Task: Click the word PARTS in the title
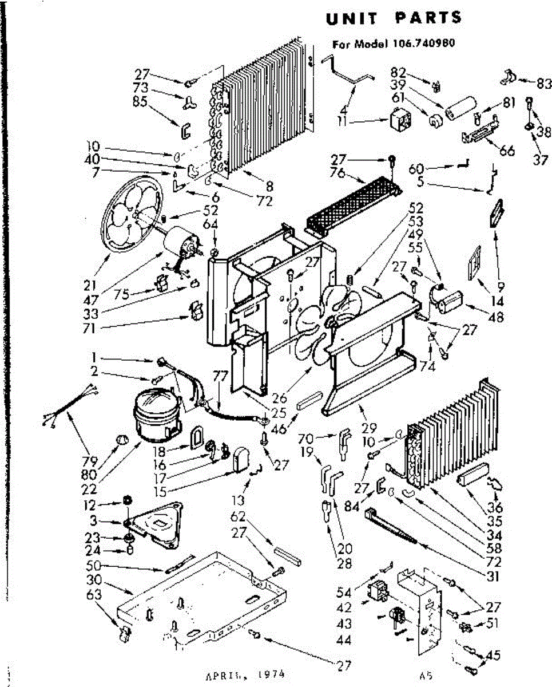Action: pyautogui.click(x=428, y=18)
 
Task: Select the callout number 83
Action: pyautogui.click(x=540, y=82)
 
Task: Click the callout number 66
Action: pyautogui.click(x=507, y=151)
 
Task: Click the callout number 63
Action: pyautogui.click(x=94, y=595)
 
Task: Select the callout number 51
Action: pyautogui.click(x=491, y=623)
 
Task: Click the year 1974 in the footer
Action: pyautogui.click(x=265, y=674)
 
